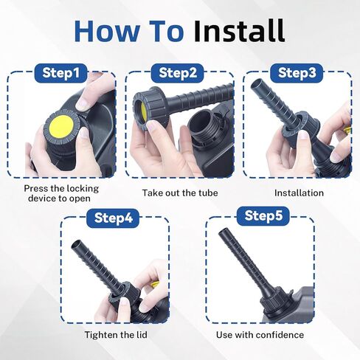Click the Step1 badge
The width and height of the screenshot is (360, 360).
pos(60,73)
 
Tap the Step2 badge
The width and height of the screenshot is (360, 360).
pos(178,73)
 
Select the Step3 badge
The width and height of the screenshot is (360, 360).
pos(297,73)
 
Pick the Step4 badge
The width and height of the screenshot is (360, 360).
pos(113,218)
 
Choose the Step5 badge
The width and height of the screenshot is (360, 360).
pos(263,216)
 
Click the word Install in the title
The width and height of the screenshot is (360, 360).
pos(239,31)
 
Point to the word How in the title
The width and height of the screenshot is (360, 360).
pos(106,31)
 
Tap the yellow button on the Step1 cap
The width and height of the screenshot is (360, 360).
pos(61,126)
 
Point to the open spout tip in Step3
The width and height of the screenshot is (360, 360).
pos(257,85)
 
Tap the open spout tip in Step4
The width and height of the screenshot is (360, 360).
pos(77,245)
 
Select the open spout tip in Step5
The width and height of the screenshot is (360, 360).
pos(224,232)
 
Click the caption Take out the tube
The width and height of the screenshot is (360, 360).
pos(180,193)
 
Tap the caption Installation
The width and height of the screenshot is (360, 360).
pos(299,193)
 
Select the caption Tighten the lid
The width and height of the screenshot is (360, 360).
pos(116,335)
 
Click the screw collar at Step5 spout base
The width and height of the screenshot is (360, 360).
pos(275,302)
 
